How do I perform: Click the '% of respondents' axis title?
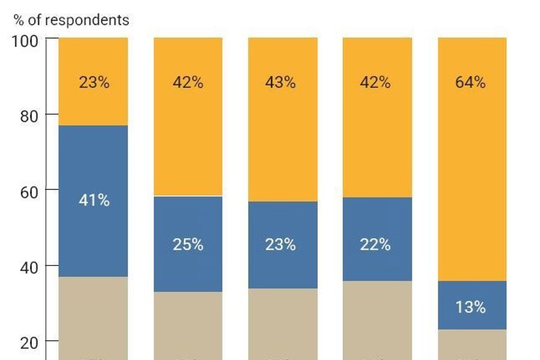[71, 20]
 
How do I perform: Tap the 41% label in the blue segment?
[94, 200]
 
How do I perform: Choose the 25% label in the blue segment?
[188, 245]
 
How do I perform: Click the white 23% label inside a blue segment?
[281, 245]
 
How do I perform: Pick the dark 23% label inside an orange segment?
[94, 82]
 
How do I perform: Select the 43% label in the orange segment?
[281, 82]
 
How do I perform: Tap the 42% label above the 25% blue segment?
[188, 82]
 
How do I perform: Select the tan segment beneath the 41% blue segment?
[94, 318]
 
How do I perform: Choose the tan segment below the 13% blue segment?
[472, 344]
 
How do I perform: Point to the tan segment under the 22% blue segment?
[377, 320]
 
